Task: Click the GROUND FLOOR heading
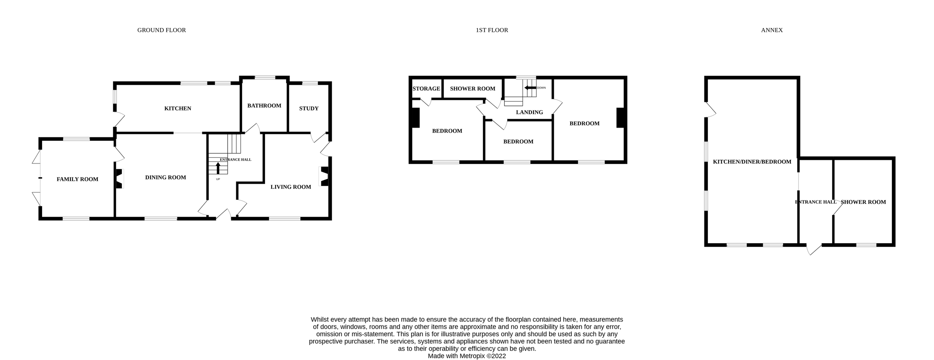click(x=162, y=30)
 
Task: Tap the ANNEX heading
click(x=771, y=30)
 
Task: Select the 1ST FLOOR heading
click(x=492, y=30)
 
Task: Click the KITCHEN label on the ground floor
click(x=177, y=109)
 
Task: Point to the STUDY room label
click(x=309, y=109)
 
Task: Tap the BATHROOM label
click(x=264, y=106)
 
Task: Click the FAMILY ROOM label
click(x=77, y=179)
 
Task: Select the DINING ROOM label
click(x=165, y=177)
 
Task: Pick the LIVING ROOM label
click(x=291, y=187)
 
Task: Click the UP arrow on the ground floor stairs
click(x=218, y=168)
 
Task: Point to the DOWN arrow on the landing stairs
click(x=530, y=88)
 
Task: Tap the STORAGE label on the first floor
click(x=426, y=89)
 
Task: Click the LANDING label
click(x=529, y=112)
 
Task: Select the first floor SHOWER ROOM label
click(x=472, y=89)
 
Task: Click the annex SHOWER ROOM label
click(x=863, y=202)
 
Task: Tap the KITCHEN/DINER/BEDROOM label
click(x=752, y=162)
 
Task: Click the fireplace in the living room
click(x=324, y=176)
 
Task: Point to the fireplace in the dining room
click(x=119, y=179)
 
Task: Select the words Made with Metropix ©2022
click(x=467, y=356)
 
